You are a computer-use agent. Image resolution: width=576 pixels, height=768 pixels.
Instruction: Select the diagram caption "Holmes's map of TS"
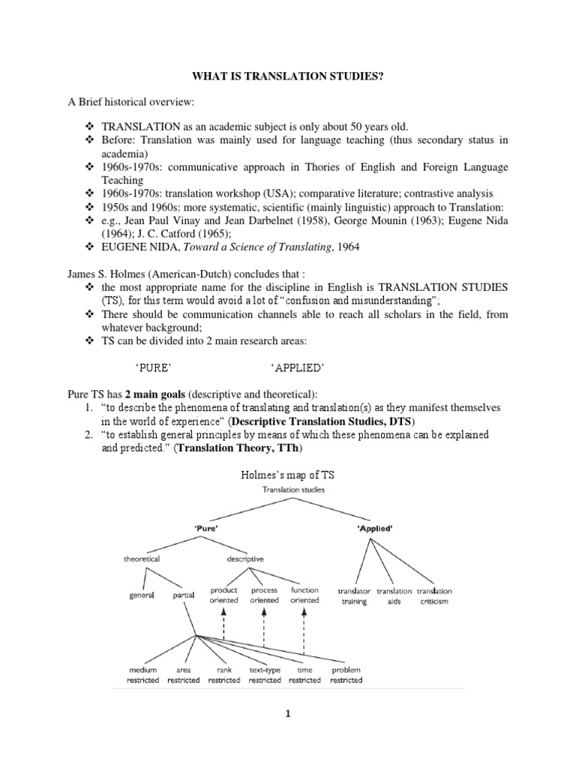289,475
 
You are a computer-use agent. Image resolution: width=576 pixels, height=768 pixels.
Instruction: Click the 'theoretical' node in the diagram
142,559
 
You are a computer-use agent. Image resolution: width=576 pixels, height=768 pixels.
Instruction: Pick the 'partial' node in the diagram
183,595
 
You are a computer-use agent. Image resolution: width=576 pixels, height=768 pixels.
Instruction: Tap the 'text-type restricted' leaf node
265,675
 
